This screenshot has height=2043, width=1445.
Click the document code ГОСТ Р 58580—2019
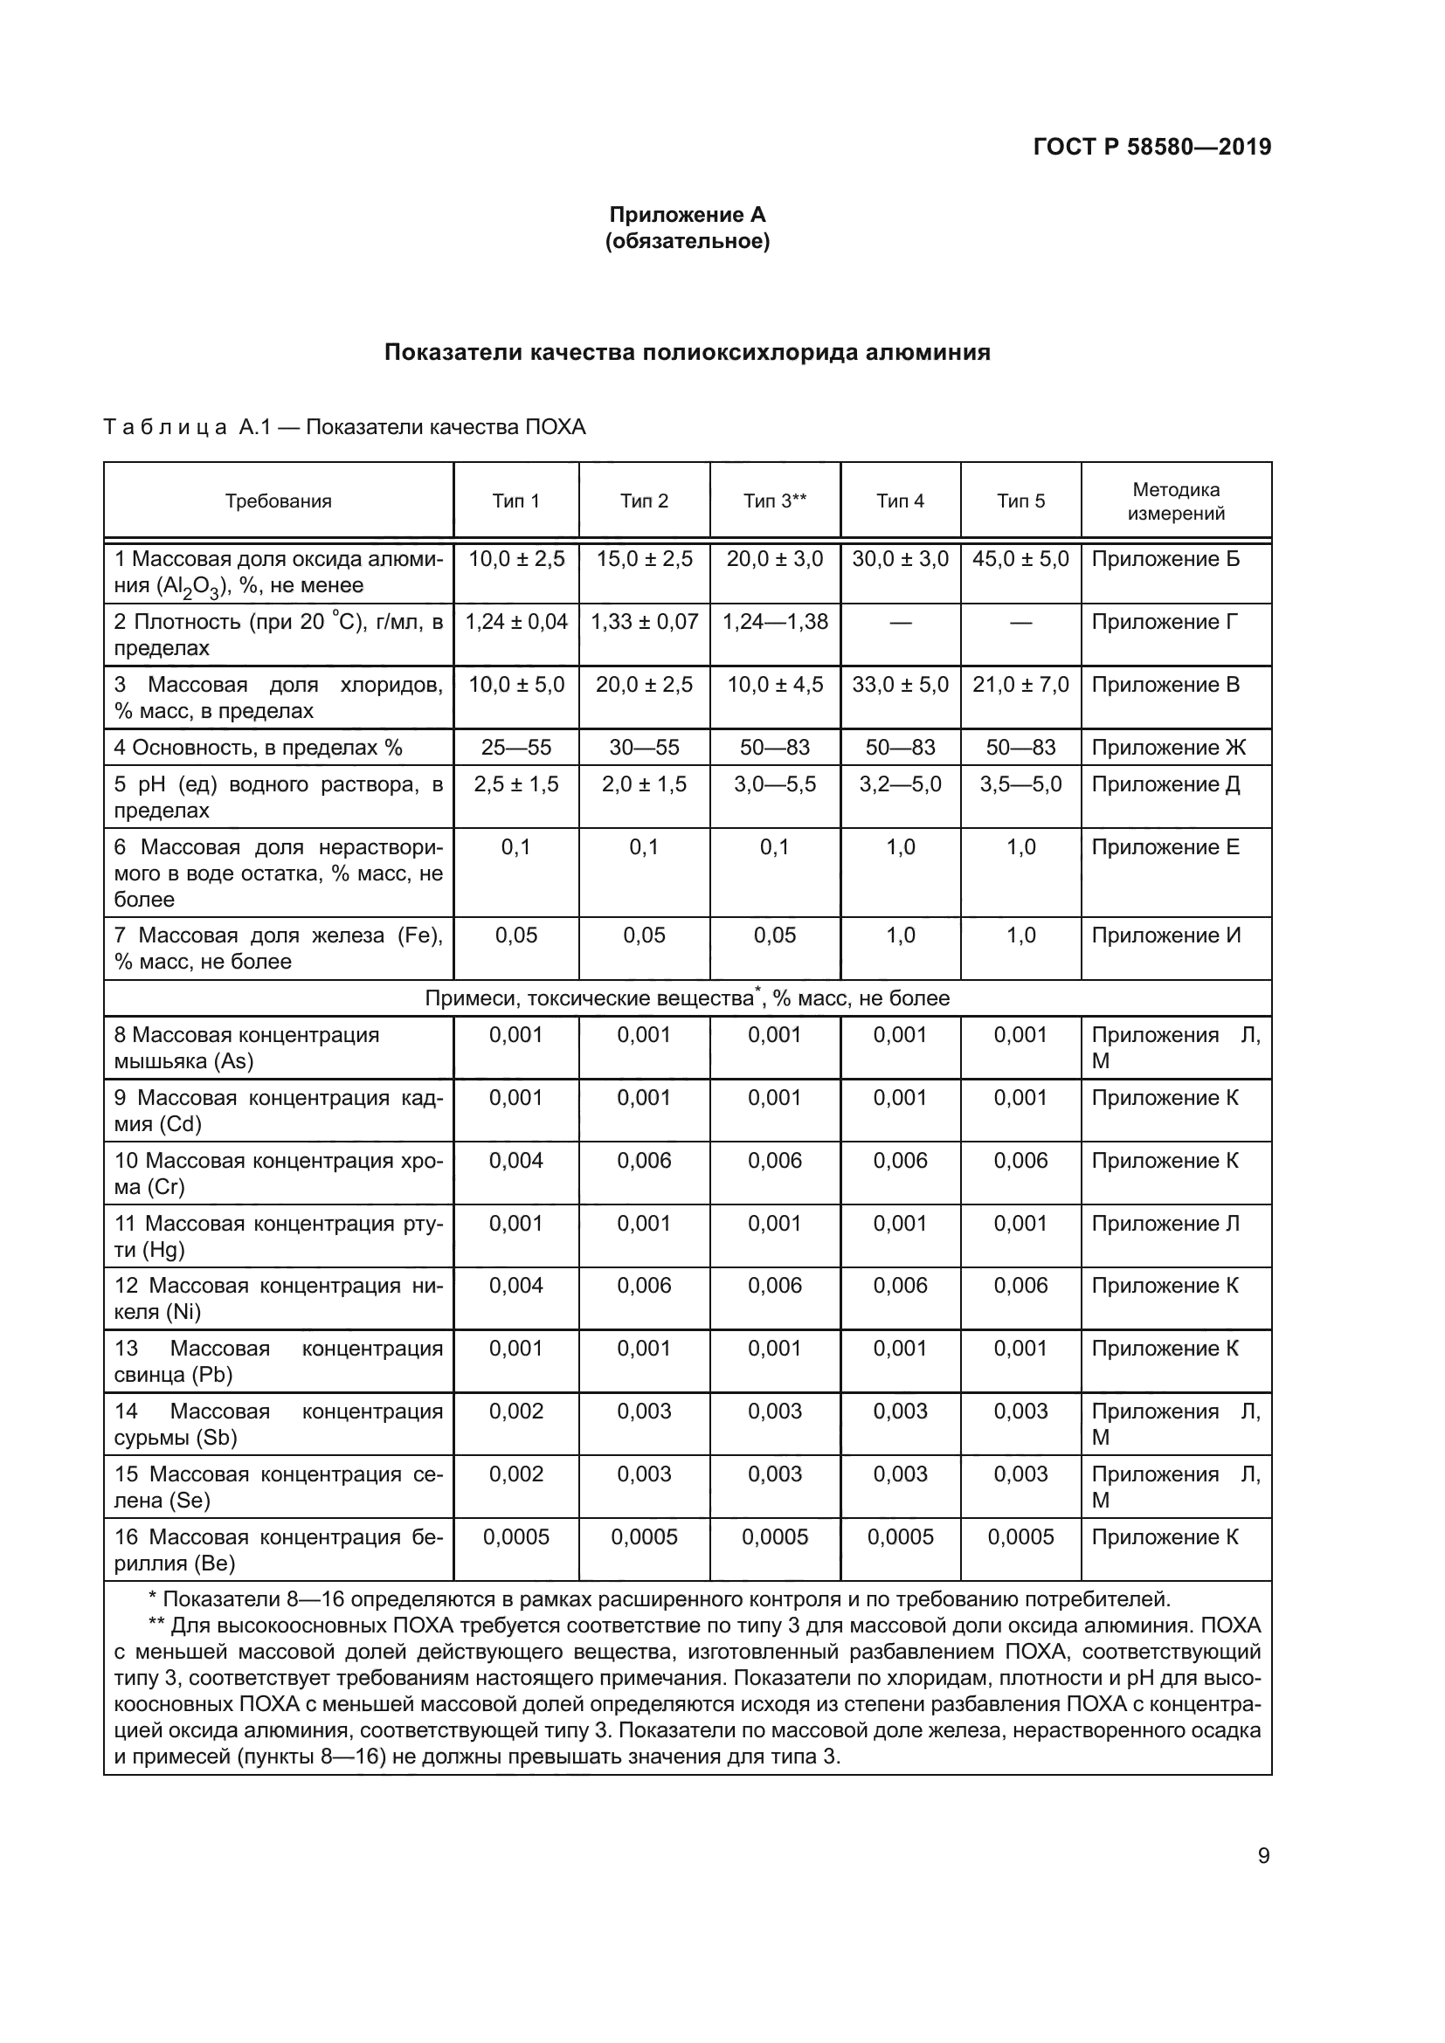1151,147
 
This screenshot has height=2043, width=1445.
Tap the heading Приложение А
687,215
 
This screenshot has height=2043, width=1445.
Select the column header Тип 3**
774,501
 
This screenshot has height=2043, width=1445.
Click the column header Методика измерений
1175,501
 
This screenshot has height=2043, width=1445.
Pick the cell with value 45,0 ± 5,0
1020,559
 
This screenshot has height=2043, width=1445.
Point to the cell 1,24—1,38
774,621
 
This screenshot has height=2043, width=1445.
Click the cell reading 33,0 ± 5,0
900,684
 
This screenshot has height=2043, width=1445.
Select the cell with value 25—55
516,748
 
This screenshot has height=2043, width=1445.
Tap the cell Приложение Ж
1168,748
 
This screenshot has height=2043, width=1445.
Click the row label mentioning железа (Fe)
279,948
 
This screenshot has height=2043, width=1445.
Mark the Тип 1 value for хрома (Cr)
516,1160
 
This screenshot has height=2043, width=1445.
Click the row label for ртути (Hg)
279,1236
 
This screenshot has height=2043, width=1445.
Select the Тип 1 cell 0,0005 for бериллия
516,1536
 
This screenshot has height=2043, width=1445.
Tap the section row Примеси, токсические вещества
687,998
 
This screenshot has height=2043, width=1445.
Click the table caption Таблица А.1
344,427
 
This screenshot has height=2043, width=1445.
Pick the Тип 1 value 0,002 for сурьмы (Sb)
516,1411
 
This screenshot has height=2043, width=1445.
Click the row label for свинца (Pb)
279,1362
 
